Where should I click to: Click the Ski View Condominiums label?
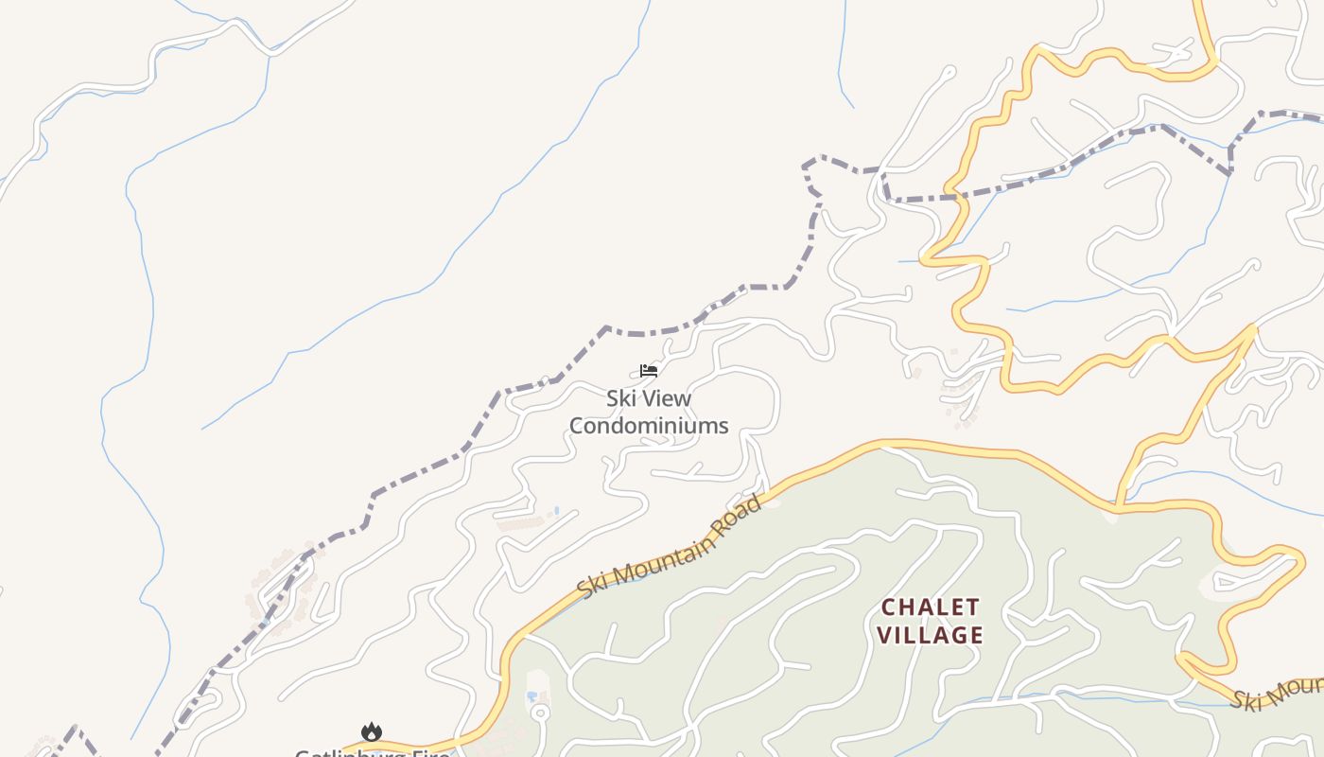(649, 412)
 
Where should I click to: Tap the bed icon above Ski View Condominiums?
(649, 370)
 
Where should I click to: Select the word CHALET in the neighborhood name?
(931, 607)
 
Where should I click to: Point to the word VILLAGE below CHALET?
(931, 635)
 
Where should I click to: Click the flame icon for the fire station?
(371, 732)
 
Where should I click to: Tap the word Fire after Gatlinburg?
(431, 753)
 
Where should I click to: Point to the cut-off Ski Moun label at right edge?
(1277, 695)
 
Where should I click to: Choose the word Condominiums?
(649, 426)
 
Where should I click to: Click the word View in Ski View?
(665, 398)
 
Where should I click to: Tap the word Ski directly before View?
(618, 398)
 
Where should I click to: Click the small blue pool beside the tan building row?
(556, 511)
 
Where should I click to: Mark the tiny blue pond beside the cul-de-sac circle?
(531, 695)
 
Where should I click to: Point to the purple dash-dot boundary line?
(605, 330)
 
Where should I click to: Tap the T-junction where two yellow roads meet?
(1117, 508)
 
